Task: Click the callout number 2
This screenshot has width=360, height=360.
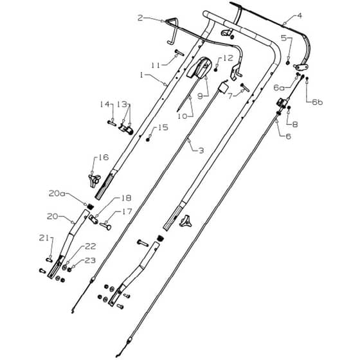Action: click(x=141, y=18)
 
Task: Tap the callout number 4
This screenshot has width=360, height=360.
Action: click(x=299, y=16)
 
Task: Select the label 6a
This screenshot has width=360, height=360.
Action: click(x=279, y=87)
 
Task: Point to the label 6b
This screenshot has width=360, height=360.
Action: click(x=317, y=102)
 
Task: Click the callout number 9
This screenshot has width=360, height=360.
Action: click(x=201, y=96)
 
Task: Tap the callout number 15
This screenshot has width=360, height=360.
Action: click(x=163, y=127)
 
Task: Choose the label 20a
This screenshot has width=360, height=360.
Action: click(x=57, y=194)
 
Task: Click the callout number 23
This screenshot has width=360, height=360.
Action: click(x=90, y=260)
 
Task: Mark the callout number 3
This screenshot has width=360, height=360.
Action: click(x=201, y=150)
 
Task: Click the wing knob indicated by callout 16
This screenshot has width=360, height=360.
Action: click(x=94, y=181)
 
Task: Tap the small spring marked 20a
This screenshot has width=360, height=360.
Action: click(x=91, y=206)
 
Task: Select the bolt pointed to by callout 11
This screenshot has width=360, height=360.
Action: click(x=179, y=53)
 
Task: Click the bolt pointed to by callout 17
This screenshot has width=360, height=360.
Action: click(x=105, y=226)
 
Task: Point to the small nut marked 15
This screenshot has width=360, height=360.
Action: click(x=148, y=139)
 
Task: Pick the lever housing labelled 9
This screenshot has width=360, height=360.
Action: click(x=199, y=67)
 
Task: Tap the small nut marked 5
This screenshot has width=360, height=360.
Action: click(x=288, y=62)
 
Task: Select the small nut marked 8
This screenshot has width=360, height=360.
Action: click(x=289, y=108)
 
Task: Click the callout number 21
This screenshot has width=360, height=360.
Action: click(x=44, y=239)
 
